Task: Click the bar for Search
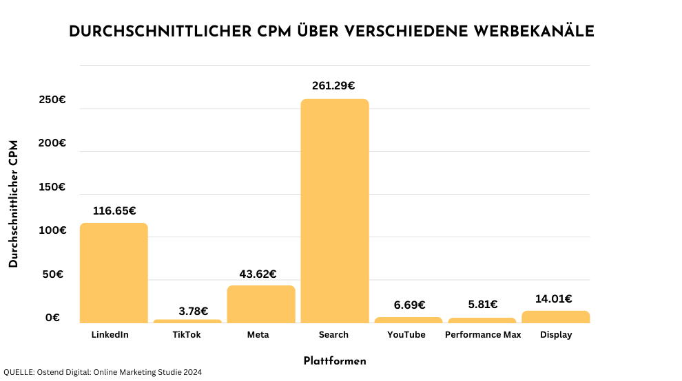coord(334,210)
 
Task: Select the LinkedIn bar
coord(114,272)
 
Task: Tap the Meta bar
coord(260,304)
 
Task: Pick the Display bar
coord(555,317)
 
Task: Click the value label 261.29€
coord(333,86)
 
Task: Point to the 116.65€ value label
coord(114,211)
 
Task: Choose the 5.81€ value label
coord(482,304)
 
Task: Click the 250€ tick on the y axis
coord(52,100)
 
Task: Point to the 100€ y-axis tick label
coord(52,230)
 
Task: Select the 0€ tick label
coord(53,318)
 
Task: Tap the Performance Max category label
coord(482,335)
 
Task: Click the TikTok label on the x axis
coord(187,335)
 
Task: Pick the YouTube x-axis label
coord(407,335)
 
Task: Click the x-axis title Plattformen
coord(334,361)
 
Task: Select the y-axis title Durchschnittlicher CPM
coord(13,204)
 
